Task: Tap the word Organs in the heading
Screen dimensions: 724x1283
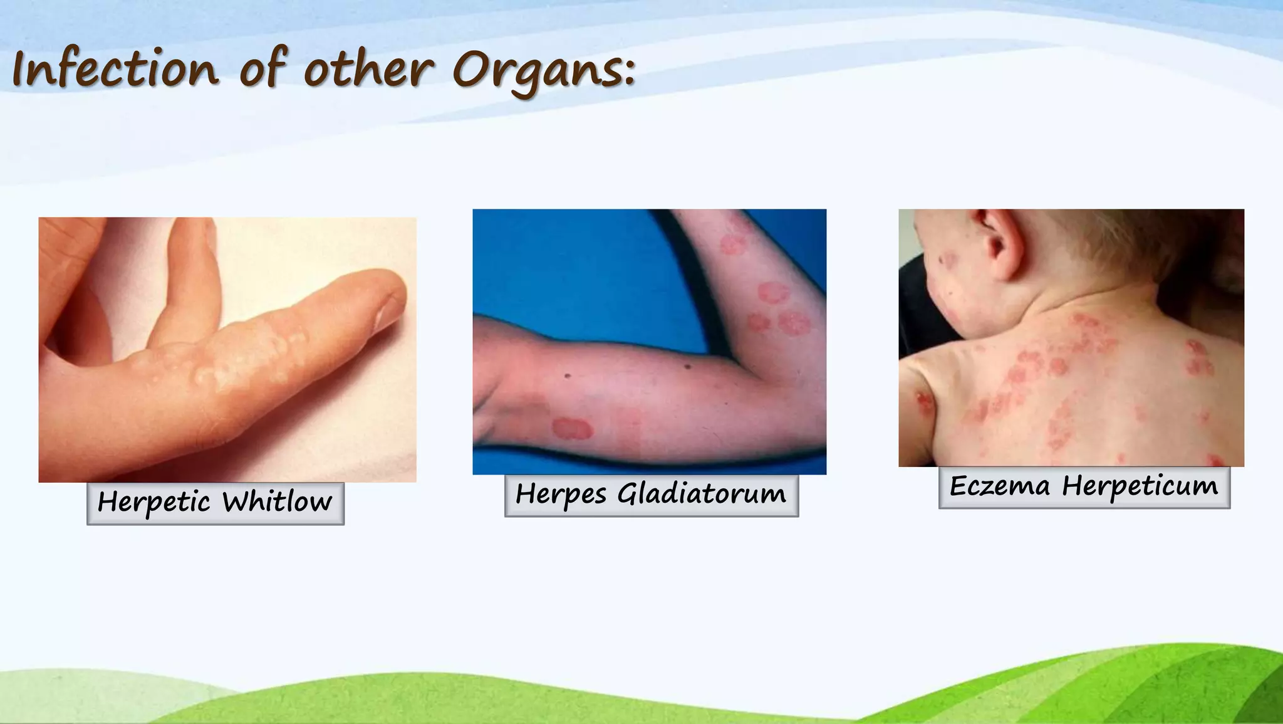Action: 543,70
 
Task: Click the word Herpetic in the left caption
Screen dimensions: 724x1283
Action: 153,502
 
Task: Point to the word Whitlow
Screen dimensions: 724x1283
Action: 277,502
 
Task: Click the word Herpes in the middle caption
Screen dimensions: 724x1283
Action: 561,494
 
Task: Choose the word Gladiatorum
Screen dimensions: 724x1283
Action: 701,494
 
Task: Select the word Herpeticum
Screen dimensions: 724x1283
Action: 1140,486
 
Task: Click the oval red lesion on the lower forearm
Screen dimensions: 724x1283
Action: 572,429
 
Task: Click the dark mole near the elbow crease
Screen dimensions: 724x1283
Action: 687,367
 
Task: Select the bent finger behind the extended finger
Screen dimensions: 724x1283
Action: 188,282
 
